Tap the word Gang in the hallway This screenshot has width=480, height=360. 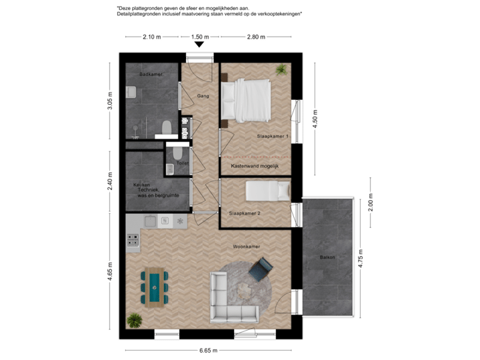point(203,96)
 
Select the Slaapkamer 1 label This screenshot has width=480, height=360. point(273,137)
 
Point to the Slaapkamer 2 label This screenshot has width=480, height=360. point(244,213)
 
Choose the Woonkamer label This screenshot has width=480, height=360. point(246,247)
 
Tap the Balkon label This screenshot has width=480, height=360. point(327,257)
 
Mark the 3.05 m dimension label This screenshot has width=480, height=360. point(111,102)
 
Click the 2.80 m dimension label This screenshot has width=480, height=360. point(256,37)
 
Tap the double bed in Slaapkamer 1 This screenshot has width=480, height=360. point(248,101)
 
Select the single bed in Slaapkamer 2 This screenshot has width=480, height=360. point(267,191)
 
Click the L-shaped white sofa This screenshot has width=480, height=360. point(230,300)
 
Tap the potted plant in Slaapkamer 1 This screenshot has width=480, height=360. point(282,69)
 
